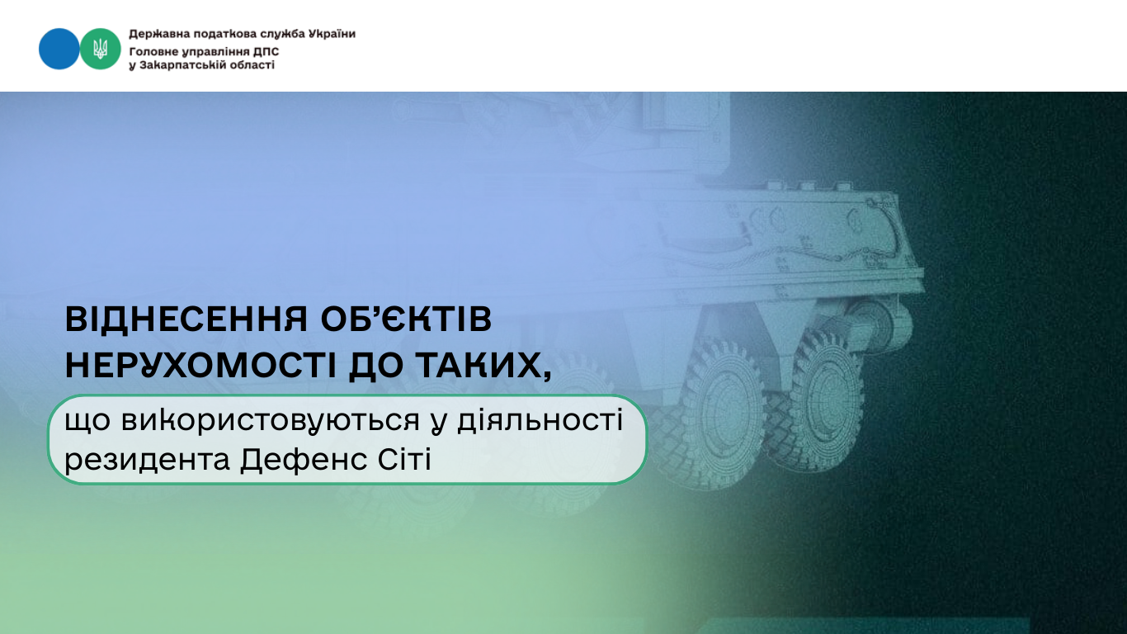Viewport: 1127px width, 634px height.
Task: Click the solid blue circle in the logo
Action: (x=59, y=49)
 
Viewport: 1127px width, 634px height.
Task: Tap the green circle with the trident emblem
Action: (x=100, y=49)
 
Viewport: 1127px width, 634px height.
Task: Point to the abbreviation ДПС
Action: (x=266, y=51)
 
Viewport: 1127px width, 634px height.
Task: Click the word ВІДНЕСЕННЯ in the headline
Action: (x=186, y=319)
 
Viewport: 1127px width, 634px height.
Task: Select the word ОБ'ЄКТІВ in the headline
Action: (x=406, y=319)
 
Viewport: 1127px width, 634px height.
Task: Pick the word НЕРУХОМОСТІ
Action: (x=201, y=365)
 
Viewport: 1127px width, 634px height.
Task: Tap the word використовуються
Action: (x=270, y=421)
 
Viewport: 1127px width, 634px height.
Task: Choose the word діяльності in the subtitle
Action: (x=540, y=419)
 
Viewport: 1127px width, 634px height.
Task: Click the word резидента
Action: (x=148, y=460)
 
